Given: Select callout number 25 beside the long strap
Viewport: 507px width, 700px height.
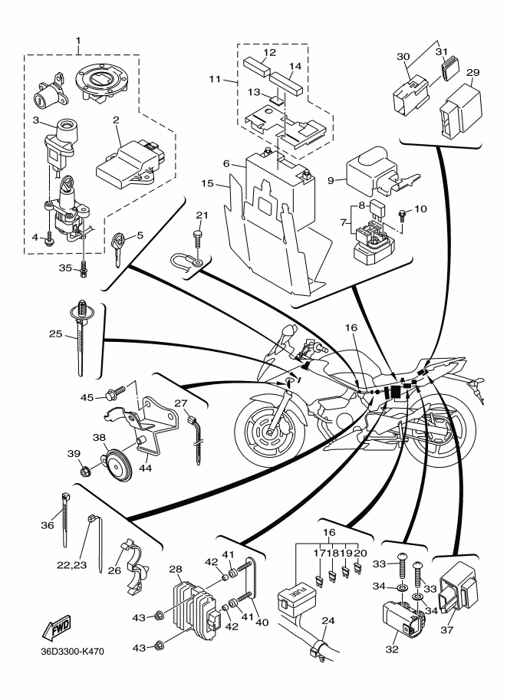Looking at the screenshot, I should pyautogui.click(x=55, y=334).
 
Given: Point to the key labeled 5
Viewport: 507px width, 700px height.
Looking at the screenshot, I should pyautogui.click(x=117, y=248).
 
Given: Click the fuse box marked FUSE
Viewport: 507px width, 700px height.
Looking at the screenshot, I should pyautogui.click(x=297, y=594).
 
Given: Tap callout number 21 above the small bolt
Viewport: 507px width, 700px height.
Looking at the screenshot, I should pyautogui.click(x=202, y=215).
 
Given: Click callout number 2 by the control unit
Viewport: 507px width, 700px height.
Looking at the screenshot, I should pyautogui.click(x=117, y=120).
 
